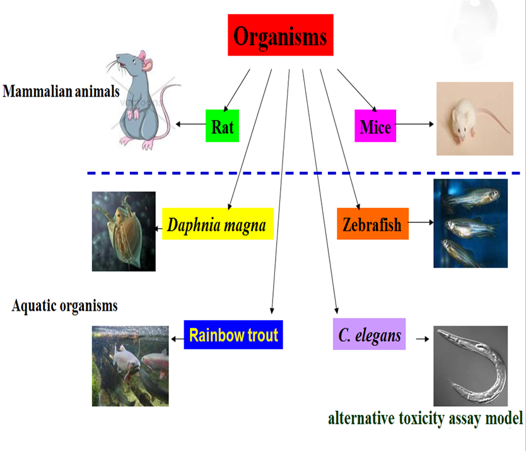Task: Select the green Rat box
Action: click(222, 126)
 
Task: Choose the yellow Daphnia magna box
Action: click(218, 224)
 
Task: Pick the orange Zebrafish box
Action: click(373, 224)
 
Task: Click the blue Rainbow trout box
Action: click(233, 334)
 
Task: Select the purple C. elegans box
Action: click(369, 334)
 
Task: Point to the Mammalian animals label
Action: click(61, 92)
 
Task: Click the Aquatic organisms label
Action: click(64, 306)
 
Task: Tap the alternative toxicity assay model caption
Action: click(425, 418)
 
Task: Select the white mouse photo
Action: click(474, 119)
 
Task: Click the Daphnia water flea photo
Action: click(124, 231)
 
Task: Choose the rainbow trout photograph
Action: click(131, 365)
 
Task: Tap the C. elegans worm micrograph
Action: click(470, 365)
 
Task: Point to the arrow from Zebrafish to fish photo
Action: click(421, 222)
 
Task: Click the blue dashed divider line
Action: click(303, 172)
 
